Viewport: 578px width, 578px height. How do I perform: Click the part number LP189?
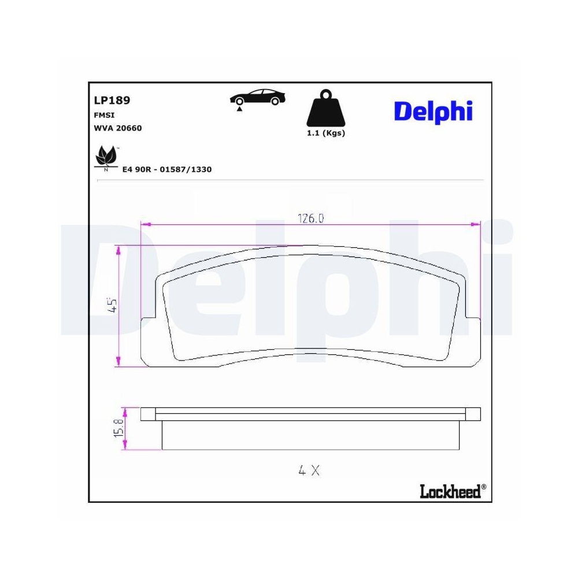tap(112, 100)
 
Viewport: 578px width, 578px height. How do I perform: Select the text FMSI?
tap(104, 115)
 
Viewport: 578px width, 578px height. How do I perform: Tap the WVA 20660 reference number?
tap(117, 128)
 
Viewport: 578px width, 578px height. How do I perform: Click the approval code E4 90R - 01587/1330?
tap(167, 169)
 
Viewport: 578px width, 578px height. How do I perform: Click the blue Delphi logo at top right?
tap(433, 110)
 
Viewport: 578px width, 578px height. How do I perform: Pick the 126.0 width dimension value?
tap(311, 218)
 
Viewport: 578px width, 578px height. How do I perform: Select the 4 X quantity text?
tap(309, 470)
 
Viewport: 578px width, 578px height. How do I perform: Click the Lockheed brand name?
tap(450, 491)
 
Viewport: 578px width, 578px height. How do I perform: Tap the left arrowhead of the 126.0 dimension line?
tap(145, 224)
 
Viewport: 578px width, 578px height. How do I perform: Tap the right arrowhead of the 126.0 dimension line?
tap(477, 224)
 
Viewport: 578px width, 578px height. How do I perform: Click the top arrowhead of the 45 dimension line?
tap(119, 249)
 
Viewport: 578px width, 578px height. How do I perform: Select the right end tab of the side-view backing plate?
tap(474, 413)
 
